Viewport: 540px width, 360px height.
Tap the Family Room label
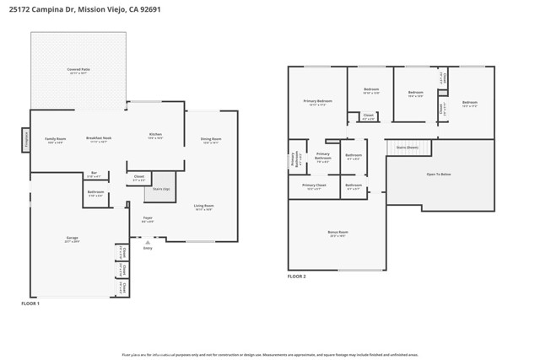click(x=56, y=140)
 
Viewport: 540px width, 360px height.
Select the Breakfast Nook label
click(x=100, y=140)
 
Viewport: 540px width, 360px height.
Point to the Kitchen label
click(x=155, y=136)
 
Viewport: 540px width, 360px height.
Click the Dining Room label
click(x=211, y=140)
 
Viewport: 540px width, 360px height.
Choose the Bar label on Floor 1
click(x=94, y=175)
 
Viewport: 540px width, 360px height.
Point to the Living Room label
click(x=203, y=207)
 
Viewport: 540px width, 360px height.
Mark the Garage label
click(x=73, y=239)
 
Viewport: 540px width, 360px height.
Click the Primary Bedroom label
click(x=317, y=103)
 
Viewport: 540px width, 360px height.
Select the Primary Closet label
click(x=314, y=186)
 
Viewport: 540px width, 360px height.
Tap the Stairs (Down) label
click(x=408, y=147)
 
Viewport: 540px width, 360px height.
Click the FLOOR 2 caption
click(x=296, y=277)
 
